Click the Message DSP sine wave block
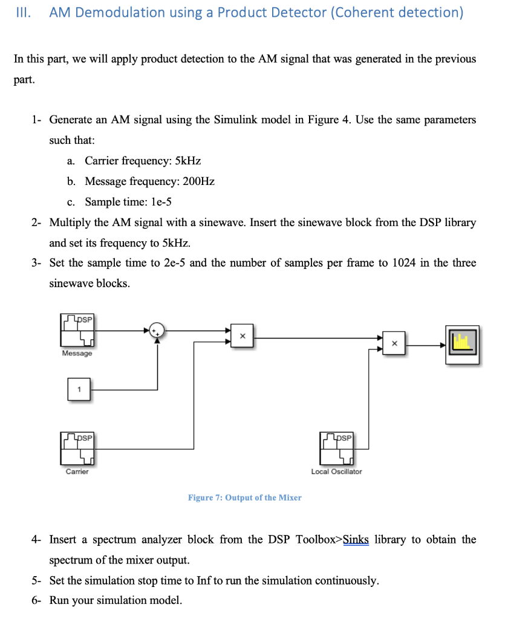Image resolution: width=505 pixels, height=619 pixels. click(77, 330)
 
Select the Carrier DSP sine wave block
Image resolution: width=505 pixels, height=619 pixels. click(77, 449)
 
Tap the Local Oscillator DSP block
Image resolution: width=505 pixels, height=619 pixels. click(336, 449)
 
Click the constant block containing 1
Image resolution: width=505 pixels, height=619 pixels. click(79, 389)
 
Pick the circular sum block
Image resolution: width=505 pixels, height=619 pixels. click(157, 331)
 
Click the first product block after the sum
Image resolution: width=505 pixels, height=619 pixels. click(242, 336)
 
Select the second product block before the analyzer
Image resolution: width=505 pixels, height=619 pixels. click(394, 343)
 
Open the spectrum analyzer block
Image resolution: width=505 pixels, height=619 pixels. click(462, 345)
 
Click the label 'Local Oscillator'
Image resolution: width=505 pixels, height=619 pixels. click(336, 472)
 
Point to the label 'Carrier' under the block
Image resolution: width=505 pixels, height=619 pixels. click(77, 472)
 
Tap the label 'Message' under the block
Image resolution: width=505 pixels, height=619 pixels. click(77, 353)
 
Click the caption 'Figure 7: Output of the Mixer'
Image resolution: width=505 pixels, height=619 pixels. click(245, 497)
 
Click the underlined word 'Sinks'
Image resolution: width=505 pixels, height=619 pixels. click(356, 539)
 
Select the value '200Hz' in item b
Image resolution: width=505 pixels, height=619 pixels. click(198, 181)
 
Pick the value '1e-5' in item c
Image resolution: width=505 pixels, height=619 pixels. click(161, 202)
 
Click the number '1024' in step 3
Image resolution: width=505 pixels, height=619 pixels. click(403, 263)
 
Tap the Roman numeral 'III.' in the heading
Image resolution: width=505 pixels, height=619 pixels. click(24, 13)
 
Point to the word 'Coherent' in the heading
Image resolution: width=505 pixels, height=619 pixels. click(363, 13)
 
